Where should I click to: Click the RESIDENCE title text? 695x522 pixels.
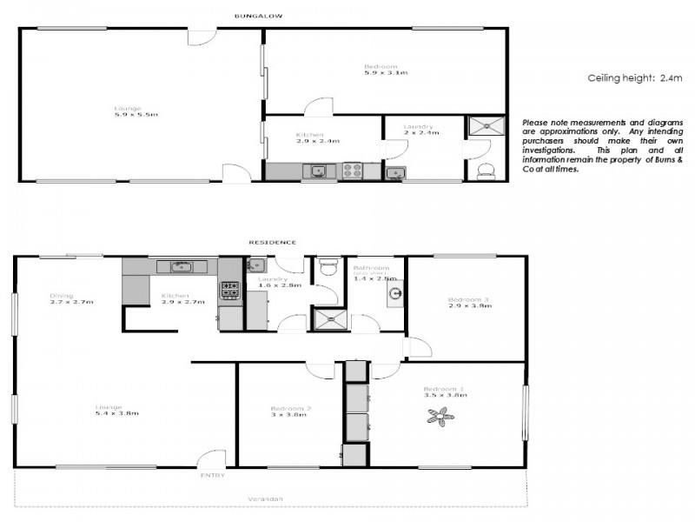(273, 242)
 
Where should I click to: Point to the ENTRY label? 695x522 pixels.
(212, 476)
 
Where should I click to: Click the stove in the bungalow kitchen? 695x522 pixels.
(353, 171)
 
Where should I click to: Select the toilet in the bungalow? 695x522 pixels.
(486, 171)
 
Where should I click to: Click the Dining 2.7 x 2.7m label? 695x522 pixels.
(71, 298)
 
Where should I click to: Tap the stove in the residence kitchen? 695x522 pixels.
(229, 289)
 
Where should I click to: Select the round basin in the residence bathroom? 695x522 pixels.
(395, 293)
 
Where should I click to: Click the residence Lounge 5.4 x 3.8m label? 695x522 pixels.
(117, 410)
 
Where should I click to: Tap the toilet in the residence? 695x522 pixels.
(328, 267)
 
